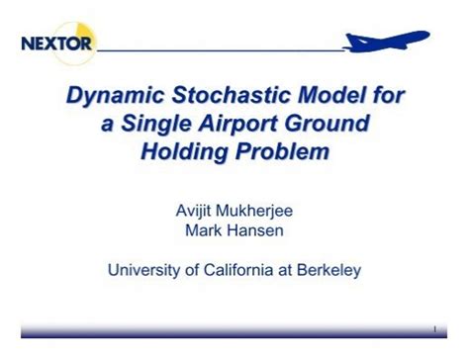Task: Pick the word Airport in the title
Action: [x=251, y=125]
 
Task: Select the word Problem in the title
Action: [x=282, y=152]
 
